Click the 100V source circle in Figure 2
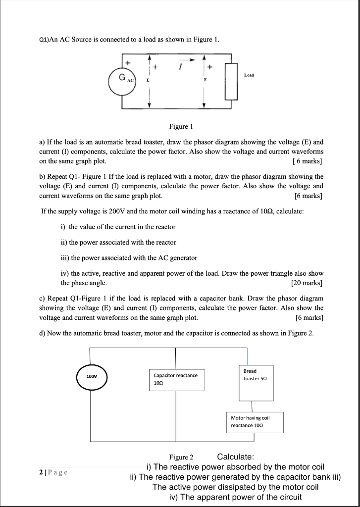coord(92,376)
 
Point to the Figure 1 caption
coord(180,126)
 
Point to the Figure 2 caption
coord(181,457)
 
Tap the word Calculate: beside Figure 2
coord(236,456)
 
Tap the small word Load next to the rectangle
coord(249,75)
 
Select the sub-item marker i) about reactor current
coord(63,227)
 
